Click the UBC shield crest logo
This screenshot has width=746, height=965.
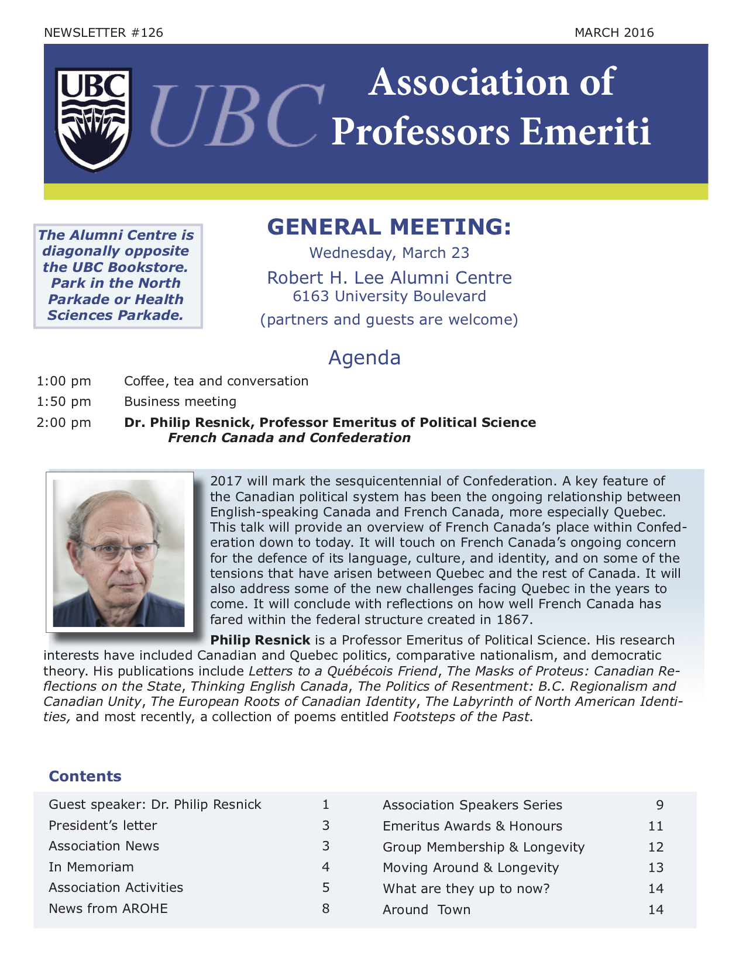pos(93,119)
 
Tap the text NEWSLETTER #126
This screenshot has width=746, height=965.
pos(104,33)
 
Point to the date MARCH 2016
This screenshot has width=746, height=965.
pos(614,33)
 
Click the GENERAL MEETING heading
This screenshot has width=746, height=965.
pos(389,227)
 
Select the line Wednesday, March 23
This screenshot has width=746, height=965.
pos(389,253)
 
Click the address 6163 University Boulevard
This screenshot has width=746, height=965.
pos(389,297)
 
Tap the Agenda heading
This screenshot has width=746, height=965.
pos(365,357)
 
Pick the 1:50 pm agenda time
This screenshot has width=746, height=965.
pos(64,402)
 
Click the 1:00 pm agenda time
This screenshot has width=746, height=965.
pos(64,381)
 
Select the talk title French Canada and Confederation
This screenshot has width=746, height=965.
pos(289,438)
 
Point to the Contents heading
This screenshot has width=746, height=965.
pos(85,777)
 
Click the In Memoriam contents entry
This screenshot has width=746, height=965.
pos(91,867)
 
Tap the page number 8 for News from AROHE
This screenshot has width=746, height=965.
pos(326,909)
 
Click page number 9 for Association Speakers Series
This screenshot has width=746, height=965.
pos(660,805)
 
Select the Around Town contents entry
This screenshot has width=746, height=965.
pos(427,910)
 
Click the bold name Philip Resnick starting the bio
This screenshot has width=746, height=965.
pos(260,640)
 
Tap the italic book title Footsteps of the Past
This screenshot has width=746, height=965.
pos(461,717)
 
